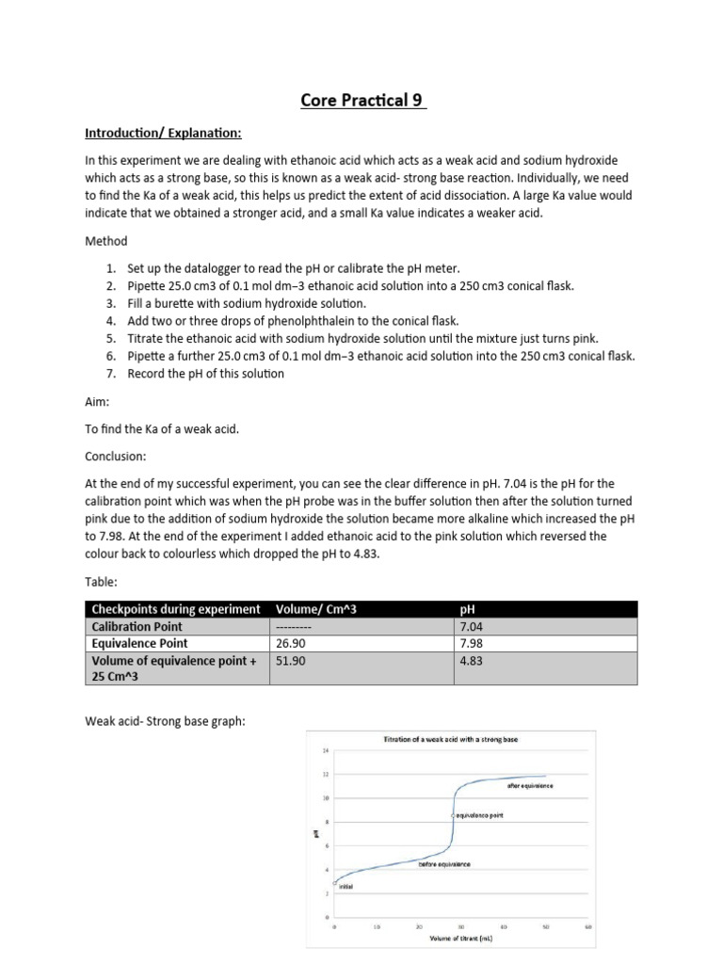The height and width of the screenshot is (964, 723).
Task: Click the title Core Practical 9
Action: point(363,100)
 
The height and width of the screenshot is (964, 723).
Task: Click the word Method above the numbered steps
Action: point(105,241)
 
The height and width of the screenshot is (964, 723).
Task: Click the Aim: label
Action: point(97,401)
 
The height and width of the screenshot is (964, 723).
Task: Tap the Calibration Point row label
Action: point(137,626)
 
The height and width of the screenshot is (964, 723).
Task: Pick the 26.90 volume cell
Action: point(290,644)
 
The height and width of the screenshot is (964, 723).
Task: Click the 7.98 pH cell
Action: point(473,644)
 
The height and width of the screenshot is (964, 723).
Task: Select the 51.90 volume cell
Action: point(290,662)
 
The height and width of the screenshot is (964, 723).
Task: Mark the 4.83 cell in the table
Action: point(473,662)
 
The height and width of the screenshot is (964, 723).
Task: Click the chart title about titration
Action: point(451,739)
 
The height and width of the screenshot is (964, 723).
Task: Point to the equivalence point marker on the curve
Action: point(453,814)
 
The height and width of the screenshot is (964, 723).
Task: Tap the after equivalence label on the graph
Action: point(530,785)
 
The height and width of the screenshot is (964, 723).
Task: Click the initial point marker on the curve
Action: point(335,881)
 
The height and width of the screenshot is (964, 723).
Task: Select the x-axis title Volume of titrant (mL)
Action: point(460,938)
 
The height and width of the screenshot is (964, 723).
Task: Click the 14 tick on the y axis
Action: point(326,750)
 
